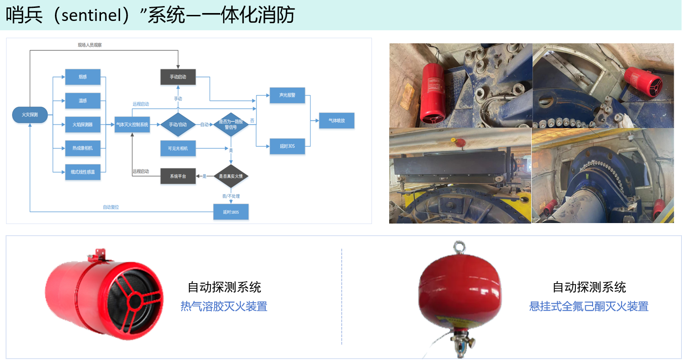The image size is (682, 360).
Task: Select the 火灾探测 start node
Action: [x=30, y=115]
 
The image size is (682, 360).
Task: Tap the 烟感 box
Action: [x=83, y=76]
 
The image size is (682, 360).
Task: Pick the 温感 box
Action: [x=83, y=101]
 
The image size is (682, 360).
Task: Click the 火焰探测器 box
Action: [x=83, y=124]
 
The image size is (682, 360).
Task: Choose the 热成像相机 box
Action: [x=83, y=148]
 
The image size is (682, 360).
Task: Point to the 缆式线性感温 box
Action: [x=83, y=172]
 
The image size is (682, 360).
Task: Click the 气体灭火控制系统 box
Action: [x=132, y=124]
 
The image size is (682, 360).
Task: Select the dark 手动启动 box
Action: [x=178, y=77]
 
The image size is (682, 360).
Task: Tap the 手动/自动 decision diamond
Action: [x=178, y=124]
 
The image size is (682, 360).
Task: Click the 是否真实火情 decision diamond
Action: [x=231, y=176]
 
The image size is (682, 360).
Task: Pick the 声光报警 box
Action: [x=287, y=95]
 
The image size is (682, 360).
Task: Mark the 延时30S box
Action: [x=287, y=146]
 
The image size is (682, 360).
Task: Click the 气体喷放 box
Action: [x=337, y=121]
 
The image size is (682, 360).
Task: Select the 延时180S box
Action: [x=231, y=212]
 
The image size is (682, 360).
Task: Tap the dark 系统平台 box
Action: [x=178, y=176]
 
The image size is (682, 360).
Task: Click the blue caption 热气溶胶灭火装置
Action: [x=224, y=306]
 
